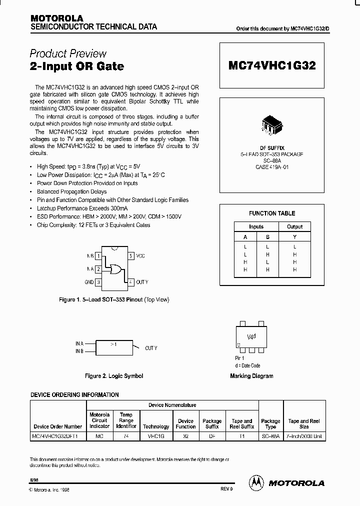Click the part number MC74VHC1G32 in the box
[272, 65]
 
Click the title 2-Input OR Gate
[77, 66]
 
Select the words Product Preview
[68, 53]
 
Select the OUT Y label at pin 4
[142, 282]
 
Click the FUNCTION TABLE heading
[272, 213]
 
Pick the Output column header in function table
[294, 226]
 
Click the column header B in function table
[267, 237]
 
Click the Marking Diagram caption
[251, 376]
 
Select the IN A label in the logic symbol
[79, 343]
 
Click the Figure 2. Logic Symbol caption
[114, 375]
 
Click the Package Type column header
[270, 424]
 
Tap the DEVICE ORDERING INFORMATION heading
[74, 394]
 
